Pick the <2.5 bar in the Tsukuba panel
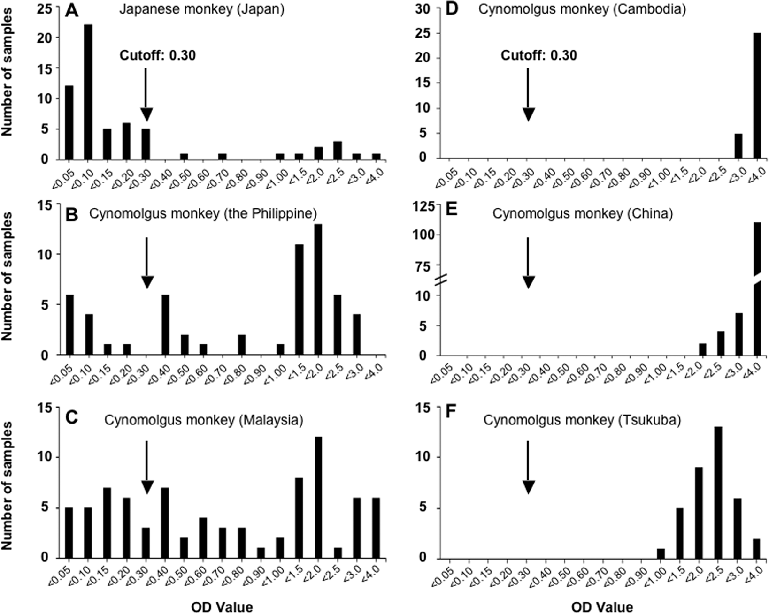(718, 492)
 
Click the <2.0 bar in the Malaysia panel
(318, 497)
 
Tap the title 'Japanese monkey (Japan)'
(201, 9)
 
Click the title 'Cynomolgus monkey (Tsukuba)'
(582, 420)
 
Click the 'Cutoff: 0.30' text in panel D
(538, 55)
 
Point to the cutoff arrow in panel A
(146, 94)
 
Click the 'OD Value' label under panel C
(222, 607)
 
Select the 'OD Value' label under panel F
(602, 607)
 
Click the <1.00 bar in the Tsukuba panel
(660, 553)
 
